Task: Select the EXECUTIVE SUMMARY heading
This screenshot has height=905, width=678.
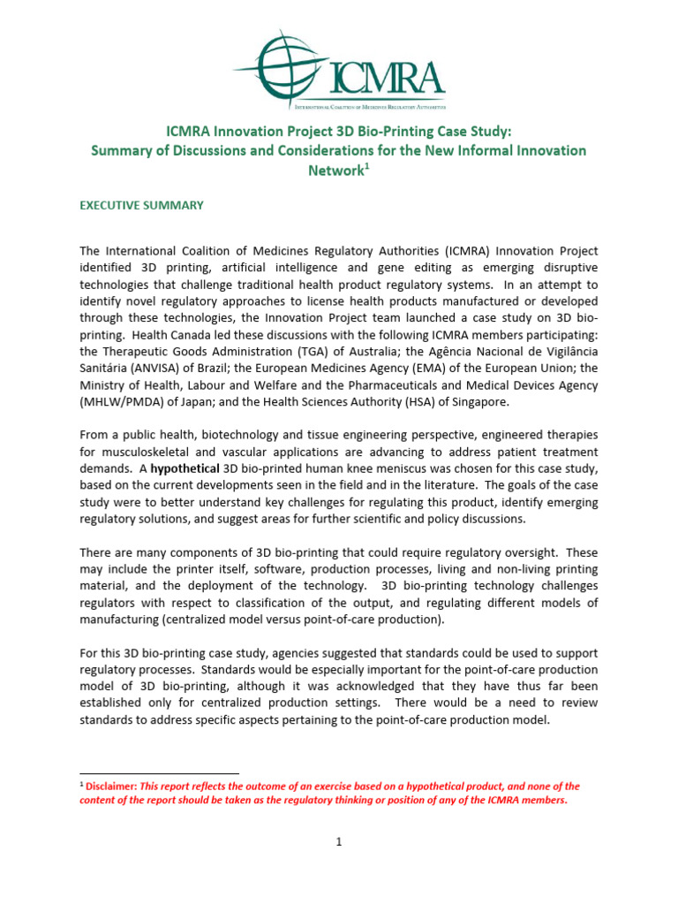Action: coord(141,205)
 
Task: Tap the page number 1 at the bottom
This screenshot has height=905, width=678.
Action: coord(338,842)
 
